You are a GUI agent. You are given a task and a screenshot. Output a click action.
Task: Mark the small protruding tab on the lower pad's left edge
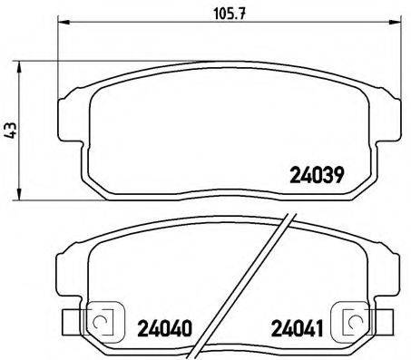pyautogui.click(x=65, y=321)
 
